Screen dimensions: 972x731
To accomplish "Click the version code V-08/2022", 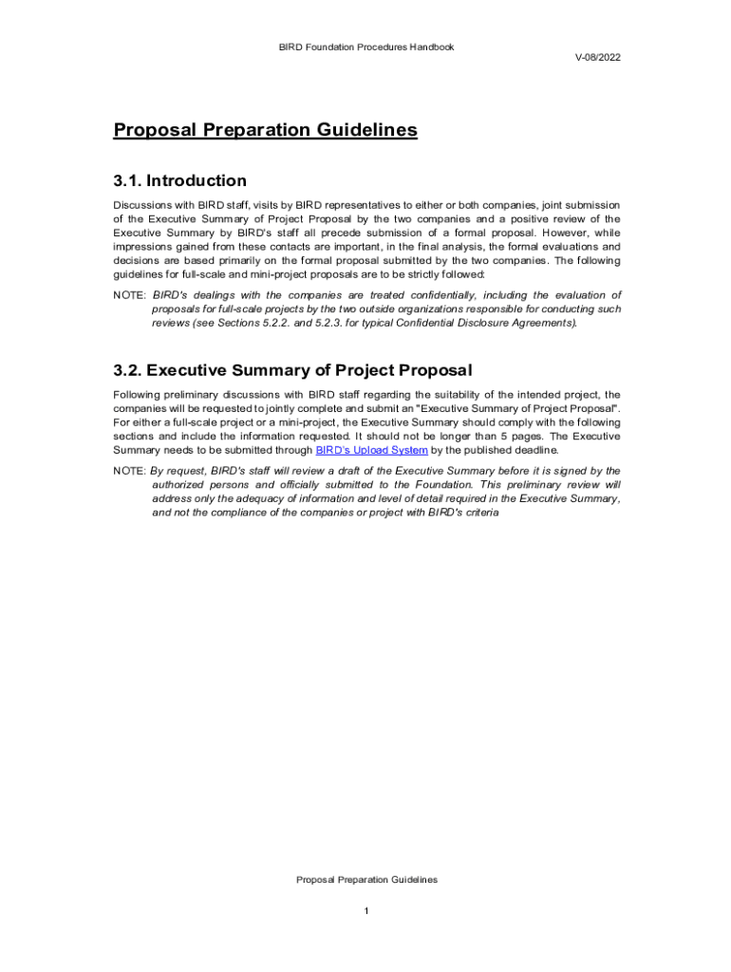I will click(598, 58).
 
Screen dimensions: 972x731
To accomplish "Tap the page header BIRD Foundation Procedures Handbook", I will click(366, 47).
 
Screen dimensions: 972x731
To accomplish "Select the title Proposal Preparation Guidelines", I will click(265, 130).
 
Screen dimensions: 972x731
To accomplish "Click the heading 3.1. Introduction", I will click(179, 180).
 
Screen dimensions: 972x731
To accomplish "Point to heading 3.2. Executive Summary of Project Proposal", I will click(292, 369).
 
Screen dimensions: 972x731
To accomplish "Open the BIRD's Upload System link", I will click(371, 450).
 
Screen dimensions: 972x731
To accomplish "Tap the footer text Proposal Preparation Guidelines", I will click(366, 880).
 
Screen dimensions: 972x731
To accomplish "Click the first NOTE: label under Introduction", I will click(129, 295).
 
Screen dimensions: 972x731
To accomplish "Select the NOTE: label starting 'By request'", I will click(129, 471).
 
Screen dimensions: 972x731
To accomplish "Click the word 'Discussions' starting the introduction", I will click(142, 205).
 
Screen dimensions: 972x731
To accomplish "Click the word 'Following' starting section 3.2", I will click(138, 394).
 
